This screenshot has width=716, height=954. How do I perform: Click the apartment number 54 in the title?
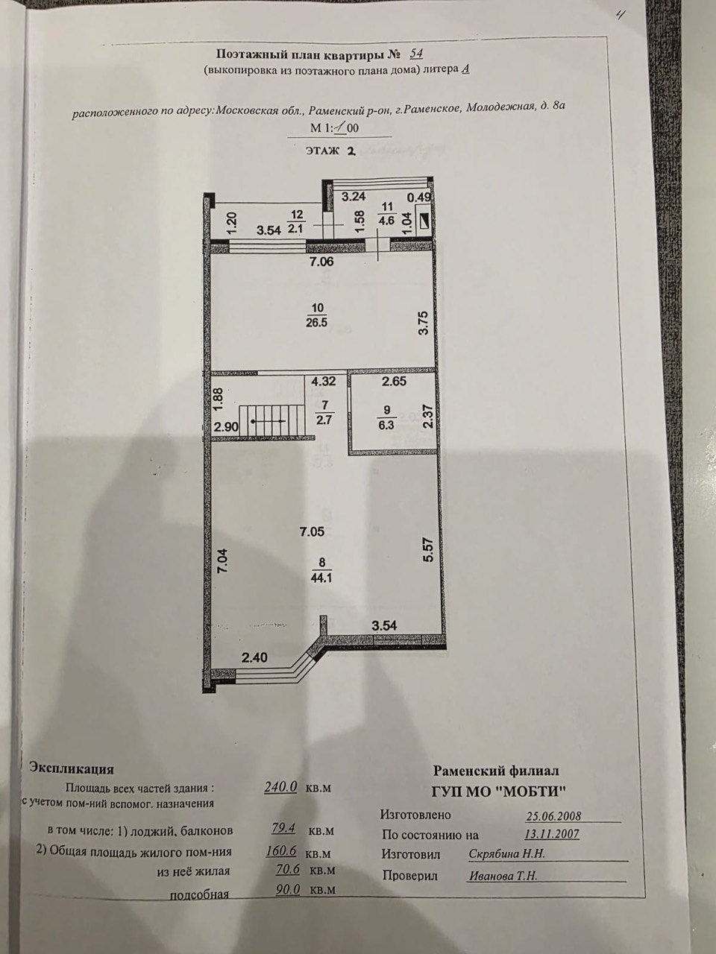pyautogui.click(x=416, y=54)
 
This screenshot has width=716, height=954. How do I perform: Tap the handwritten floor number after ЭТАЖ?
pyautogui.click(x=351, y=151)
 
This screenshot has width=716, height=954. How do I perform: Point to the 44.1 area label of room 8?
pyautogui.click(x=321, y=578)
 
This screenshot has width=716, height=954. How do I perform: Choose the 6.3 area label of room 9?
pyautogui.click(x=386, y=425)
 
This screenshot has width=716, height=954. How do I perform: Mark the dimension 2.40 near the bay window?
pyautogui.click(x=255, y=670)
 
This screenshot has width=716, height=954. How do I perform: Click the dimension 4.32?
pyautogui.click(x=323, y=381)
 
